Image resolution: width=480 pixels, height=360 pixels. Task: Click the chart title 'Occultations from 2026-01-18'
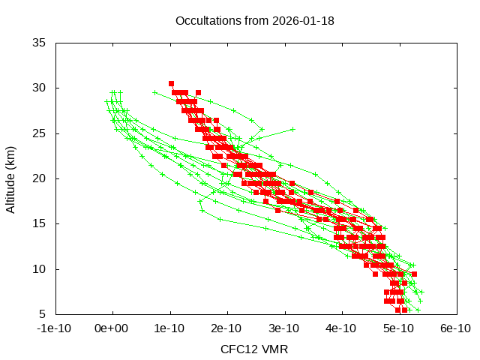click(254, 21)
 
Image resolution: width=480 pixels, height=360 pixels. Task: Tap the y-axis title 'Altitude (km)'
click(11, 178)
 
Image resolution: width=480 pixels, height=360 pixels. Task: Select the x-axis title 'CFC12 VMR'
click(254, 349)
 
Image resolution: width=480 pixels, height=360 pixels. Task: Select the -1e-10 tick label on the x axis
click(55, 328)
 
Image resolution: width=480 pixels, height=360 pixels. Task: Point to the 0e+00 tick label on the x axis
click(112, 328)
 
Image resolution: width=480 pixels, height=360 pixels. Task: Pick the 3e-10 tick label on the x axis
click(284, 328)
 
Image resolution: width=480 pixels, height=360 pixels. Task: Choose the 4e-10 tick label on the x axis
click(341, 328)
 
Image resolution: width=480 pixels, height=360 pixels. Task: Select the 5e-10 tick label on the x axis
click(398, 328)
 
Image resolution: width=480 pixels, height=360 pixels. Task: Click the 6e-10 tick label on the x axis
click(455, 328)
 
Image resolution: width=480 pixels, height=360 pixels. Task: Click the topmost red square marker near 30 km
click(171, 83)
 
